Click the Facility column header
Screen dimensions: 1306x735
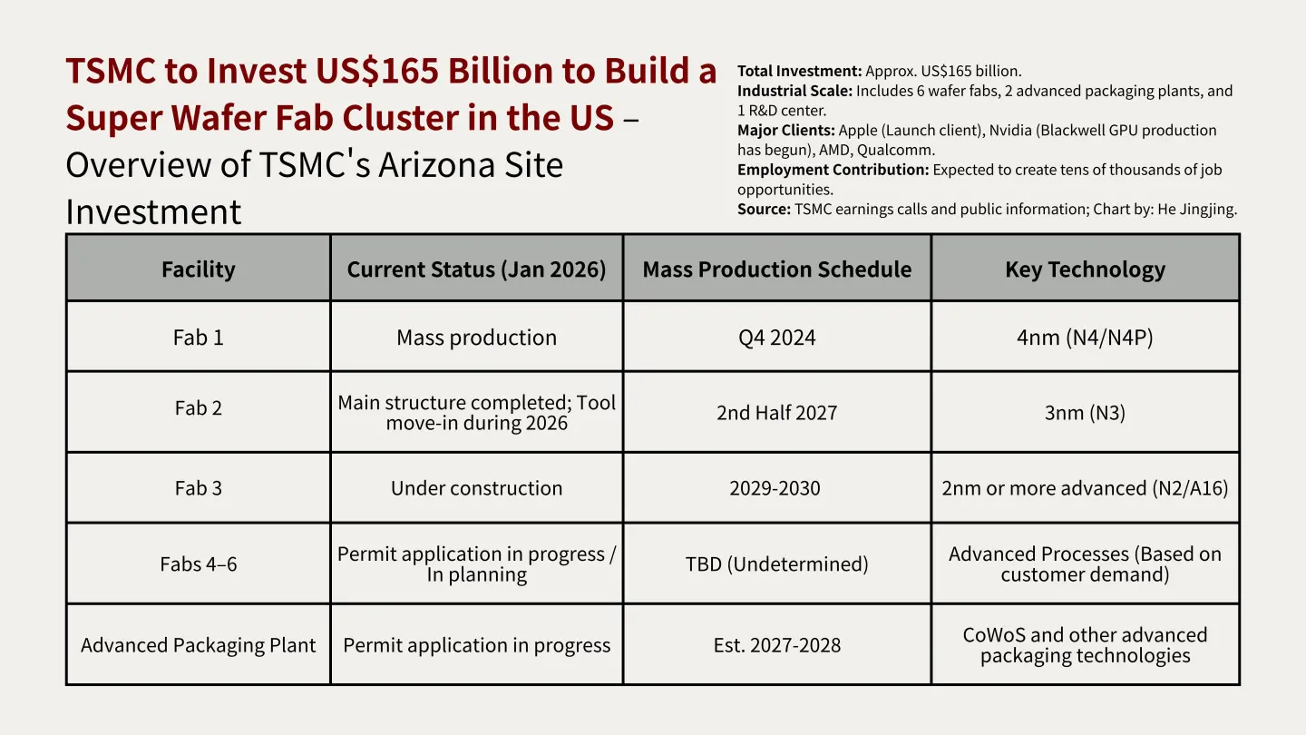(199, 269)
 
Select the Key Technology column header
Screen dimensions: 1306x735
(1085, 269)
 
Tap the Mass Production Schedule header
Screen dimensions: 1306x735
(776, 269)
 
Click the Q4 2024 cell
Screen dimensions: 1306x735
(776, 338)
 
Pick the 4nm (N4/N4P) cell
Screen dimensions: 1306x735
(1085, 338)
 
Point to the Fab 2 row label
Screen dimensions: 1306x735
(199, 407)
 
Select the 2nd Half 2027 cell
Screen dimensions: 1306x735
(776, 413)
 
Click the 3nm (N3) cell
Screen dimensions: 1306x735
(1085, 413)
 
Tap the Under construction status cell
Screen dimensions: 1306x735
(476, 488)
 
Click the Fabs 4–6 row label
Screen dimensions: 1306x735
(199, 564)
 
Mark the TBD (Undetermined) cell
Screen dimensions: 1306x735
(776, 564)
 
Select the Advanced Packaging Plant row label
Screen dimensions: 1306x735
(199, 645)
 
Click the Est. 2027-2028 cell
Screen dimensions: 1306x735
(776, 645)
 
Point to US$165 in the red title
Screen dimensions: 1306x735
(377, 71)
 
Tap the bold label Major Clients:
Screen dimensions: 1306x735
(786, 130)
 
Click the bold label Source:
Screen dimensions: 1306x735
(764, 210)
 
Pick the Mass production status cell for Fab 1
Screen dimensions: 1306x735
(476, 338)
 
